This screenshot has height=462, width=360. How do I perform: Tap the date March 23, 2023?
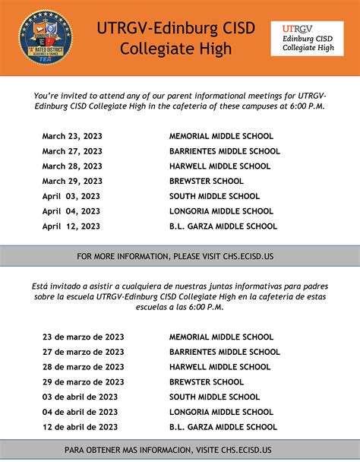[72, 136]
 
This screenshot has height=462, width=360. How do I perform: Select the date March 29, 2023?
[72, 181]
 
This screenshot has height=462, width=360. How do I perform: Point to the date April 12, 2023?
[71, 226]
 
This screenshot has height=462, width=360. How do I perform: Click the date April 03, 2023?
[71, 196]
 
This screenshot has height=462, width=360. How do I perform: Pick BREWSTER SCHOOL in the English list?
[206, 181]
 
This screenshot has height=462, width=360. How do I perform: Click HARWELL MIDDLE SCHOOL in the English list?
[219, 166]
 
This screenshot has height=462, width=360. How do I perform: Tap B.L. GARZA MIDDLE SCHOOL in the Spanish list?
[223, 427]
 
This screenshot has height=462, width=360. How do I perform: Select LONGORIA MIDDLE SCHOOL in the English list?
[221, 211]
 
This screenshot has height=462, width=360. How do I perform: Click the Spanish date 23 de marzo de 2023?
[83, 337]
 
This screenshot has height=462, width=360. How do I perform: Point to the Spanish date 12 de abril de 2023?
[80, 427]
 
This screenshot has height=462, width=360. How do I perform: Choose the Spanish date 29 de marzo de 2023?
[83, 382]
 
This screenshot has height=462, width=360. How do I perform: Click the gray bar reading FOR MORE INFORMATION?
[180, 256]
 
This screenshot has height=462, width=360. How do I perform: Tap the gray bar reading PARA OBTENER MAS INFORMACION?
[180, 450]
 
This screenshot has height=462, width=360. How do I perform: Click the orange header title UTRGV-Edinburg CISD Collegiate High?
[175, 38]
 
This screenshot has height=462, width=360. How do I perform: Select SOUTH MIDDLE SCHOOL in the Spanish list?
[214, 397]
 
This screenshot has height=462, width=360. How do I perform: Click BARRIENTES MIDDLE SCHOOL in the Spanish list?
[224, 352]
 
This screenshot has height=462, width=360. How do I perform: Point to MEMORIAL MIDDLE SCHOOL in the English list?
[221, 136]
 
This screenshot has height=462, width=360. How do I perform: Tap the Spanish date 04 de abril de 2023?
[80, 412]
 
